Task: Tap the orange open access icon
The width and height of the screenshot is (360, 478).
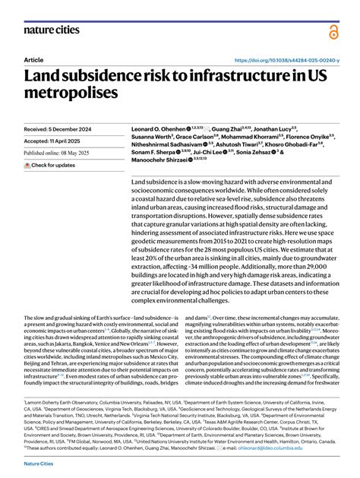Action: [334, 31]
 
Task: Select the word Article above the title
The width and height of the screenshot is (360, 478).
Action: [33, 59]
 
